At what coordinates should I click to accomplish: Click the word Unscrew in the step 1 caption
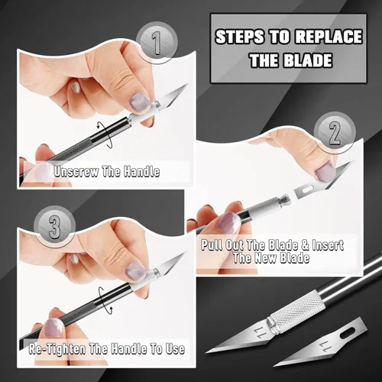tap(77, 172)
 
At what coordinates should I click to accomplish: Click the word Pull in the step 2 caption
tap(216, 245)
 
